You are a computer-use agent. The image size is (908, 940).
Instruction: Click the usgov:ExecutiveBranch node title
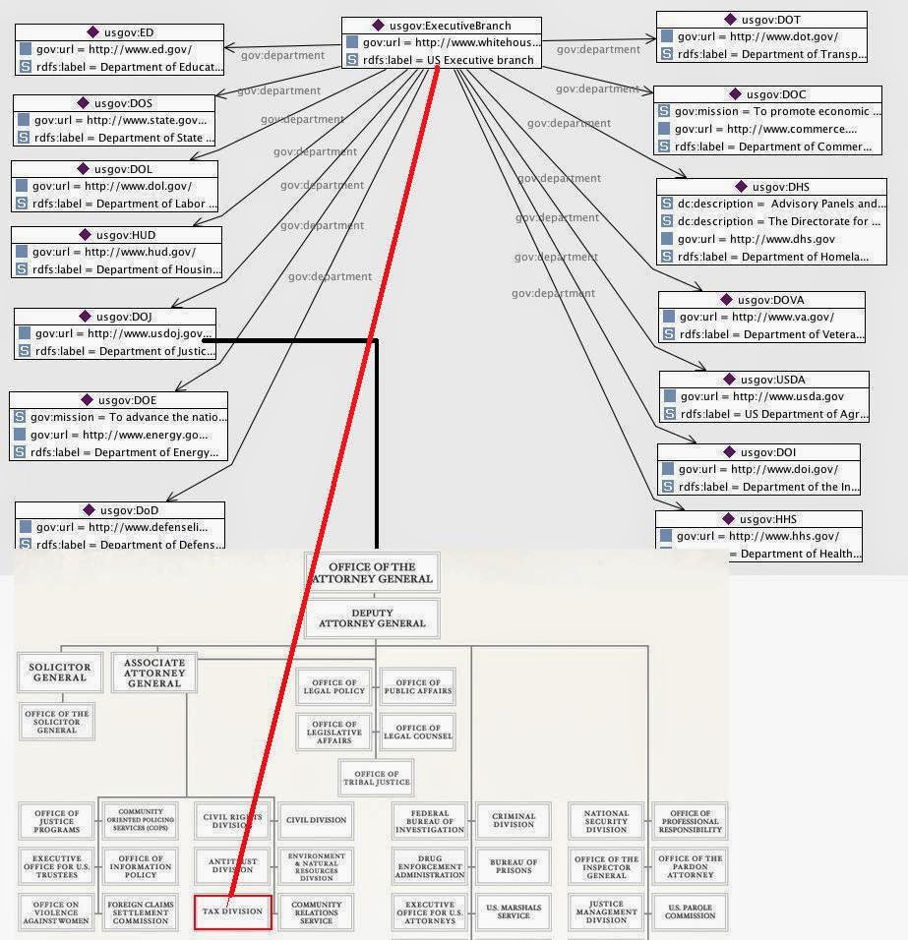(x=442, y=25)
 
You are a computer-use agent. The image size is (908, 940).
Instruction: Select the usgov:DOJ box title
(x=114, y=317)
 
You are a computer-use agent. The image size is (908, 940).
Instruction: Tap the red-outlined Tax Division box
(x=232, y=911)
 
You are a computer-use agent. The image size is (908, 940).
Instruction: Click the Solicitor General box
(x=60, y=672)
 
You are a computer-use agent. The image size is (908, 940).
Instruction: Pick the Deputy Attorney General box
(x=373, y=617)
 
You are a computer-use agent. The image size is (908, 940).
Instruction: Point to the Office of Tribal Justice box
(x=376, y=778)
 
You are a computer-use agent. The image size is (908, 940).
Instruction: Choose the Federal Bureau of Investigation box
(x=429, y=821)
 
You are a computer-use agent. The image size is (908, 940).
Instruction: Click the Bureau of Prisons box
(x=514, y=866)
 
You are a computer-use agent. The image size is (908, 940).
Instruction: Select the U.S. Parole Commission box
(x=690, y=911)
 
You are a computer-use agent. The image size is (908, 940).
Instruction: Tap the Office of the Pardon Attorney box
(x=690, y=866)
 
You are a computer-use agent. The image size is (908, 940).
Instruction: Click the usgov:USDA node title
(x=764, y=380)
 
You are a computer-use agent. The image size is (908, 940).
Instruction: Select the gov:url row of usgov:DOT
(x=762, y=37)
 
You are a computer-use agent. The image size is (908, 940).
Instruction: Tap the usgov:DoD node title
(x=119, y=510)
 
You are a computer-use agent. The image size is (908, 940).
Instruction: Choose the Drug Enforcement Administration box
(x=429, y=866)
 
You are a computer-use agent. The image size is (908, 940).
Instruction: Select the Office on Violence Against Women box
(x=57, y=911)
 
